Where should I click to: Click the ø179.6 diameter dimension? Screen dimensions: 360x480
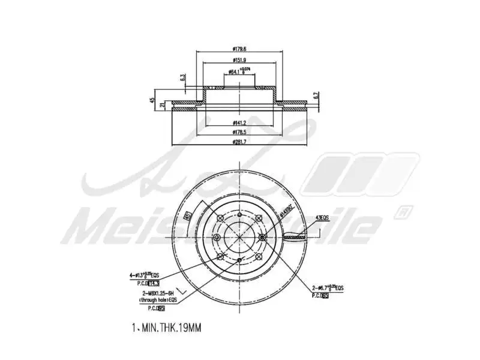[x=240, y=49]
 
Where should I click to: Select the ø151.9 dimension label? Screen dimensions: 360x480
[x=240, y=61]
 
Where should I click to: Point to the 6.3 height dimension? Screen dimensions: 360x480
[x=182, y=77]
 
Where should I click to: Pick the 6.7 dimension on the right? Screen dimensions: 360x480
[x=315, y=95]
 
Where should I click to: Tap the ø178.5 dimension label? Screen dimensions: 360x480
[x=240, y=132]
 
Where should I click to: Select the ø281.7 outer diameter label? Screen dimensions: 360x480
[x=240, y=142]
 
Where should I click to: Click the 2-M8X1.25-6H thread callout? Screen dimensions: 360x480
[x=154, y=292]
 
